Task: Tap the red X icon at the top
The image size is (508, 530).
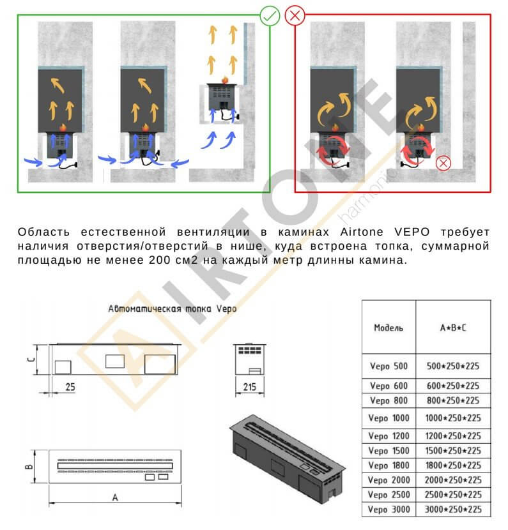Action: [295, 15]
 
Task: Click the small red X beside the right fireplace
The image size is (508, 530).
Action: [442, 163]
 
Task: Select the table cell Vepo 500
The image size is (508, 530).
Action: [389, 367]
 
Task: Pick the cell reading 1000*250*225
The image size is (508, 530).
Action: [453, 418]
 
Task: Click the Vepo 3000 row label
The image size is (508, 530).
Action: [389, 509]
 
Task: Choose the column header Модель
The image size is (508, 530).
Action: [389, 328]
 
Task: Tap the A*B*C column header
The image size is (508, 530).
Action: [453, 328]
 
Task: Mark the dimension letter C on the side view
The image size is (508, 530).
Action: [29, 360]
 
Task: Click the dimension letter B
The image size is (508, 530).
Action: [29, 467]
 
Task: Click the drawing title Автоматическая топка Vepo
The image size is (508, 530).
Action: [173, 308]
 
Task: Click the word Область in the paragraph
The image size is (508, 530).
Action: [42, 231]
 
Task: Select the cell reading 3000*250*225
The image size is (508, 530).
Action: [453, 509]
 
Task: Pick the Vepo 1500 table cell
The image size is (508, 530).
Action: [389, 451]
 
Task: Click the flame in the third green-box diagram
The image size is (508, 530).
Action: [224, 80]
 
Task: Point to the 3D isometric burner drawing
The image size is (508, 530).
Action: [288, 457]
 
